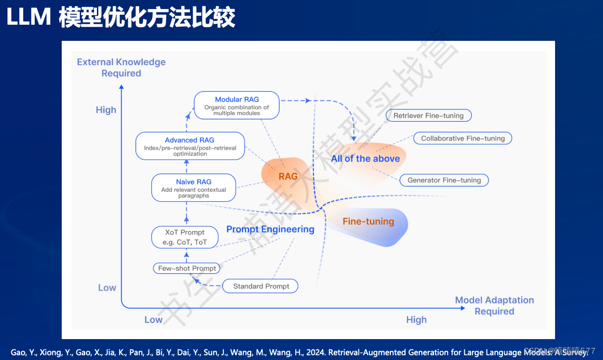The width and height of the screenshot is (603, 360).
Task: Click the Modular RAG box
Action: tap(236, 105)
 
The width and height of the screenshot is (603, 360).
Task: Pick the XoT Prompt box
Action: tap(185, 237)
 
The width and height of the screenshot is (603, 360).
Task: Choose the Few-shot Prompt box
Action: tap(187, 268)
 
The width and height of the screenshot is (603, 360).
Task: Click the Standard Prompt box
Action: tap(261, 286)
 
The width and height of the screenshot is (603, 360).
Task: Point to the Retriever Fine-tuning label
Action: tap(428, 115)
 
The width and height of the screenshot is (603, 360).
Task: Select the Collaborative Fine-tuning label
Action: tap(462, 138)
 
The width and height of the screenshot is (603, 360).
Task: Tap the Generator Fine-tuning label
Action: tap(444, 180)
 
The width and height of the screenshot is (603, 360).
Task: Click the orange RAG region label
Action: tap(288, 176)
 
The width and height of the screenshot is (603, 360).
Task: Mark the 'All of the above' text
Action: tap(365, 159)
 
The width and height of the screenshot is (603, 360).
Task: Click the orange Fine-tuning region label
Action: tap(368, 221)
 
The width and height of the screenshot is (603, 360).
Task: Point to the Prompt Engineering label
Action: tap(270, 229)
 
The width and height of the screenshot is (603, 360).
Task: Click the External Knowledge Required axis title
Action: tap(121, 67)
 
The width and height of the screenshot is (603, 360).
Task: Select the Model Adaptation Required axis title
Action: tap(494, 305)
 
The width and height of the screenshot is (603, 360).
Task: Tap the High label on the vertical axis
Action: tap(106, 110)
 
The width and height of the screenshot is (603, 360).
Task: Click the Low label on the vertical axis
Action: tap(107, 287)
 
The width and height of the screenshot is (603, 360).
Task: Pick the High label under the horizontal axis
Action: tap(416, 320)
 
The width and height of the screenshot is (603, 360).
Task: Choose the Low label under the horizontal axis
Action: tap(153, 320)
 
